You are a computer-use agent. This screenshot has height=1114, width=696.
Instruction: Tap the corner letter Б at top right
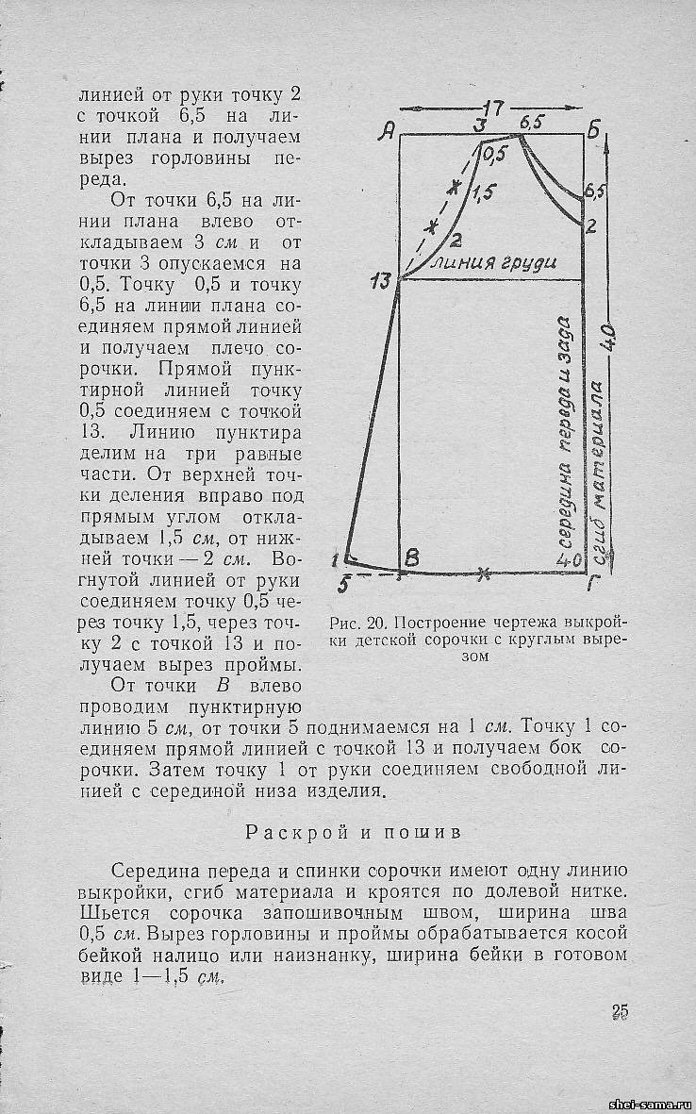point(594,131)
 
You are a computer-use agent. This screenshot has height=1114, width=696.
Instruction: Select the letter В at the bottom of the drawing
point(411,558)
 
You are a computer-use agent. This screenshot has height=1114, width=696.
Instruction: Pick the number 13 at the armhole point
point(381,280)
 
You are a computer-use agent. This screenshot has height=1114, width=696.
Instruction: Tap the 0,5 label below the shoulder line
point(494,158)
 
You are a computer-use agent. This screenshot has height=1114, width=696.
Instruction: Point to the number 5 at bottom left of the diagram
point(342,584)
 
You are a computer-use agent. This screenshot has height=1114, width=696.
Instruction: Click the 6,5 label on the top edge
point(532,123)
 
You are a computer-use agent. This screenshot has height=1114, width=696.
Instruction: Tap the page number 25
point(620,1012)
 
